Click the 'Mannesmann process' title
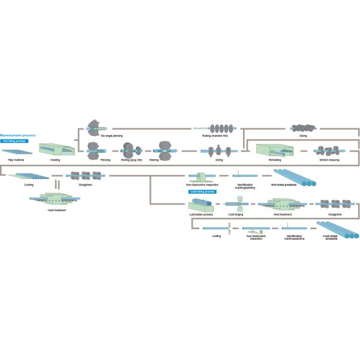pyautogui.click(x=18, y=136)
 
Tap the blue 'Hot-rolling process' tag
pyautogui.click(x=13, y=140)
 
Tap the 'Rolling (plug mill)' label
pyautogui.click(x=131, y=161)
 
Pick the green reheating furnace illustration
pyautogui.click(x=274, y=151)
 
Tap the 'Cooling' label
pyautogui.click(x=29, y=185)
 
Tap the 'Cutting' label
pyautogui.click(x=217, y=236)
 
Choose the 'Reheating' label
pyautogui.click(x=274, y=161)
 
